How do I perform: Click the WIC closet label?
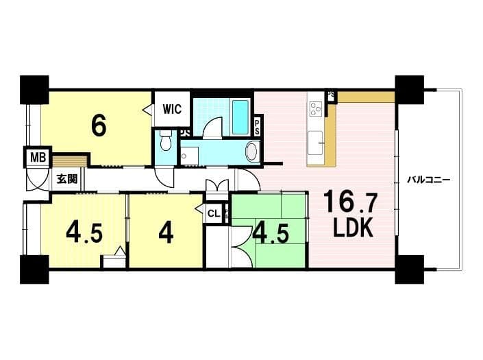pyautogui.click(x=172, y=109)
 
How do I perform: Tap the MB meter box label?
pyautogui.click(x=38, y=158)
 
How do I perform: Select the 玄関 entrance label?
pyautogui.click(x=67, y=179)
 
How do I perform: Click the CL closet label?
pyautogui.click(x=214, y=213)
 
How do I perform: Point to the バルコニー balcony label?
pyautogui.click(x=429, y=180)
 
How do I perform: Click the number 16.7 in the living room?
pyautogui.click(x=351, y=202)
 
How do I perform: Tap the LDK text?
pyautogui.click(x=354, y=227)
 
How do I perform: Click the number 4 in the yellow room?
pyautogui.click(x=166, y=232)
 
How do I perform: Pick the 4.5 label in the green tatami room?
pyautogui.click(x=271, y=233)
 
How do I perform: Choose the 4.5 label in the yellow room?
pyautogui.click(x=84, y=232)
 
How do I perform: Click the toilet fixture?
pyautogui.click(x=166, y=140)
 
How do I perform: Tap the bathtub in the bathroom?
pyautogui.click(x=240, y=117)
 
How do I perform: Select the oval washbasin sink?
pyautogui.click(x=253, y=151)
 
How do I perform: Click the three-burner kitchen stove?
pyautogui.click(x=315, y=108)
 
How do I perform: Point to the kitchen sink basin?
pyautogui.click(x=315, y=143)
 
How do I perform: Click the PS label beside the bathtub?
pyautogui.click(x=257, y=127)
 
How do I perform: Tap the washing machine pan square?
pyautogui.click(x=189, y=154)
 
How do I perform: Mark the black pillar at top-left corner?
pyautogui.click(x=34, y=90)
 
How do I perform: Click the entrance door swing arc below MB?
pyautogui.click(x=38, y=180)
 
